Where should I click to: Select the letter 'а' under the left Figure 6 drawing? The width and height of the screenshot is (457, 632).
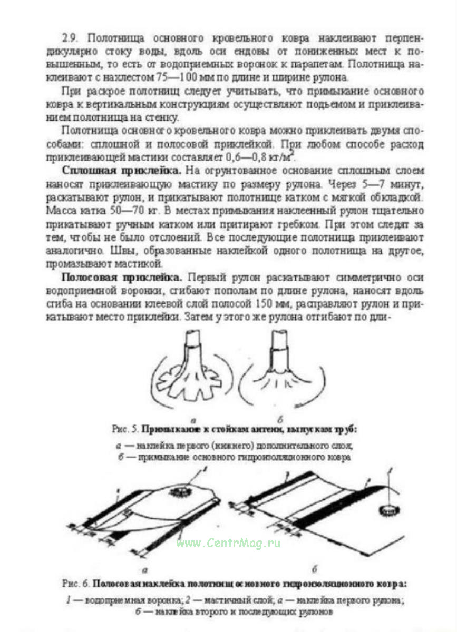pyautogui.click(x=145, y=570)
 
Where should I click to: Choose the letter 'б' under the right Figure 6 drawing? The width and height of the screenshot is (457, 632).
pyautogui.click(x=315, y=570)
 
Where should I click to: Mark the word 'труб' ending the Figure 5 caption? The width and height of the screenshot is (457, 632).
pyautogui.click(x=346, y=430)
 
